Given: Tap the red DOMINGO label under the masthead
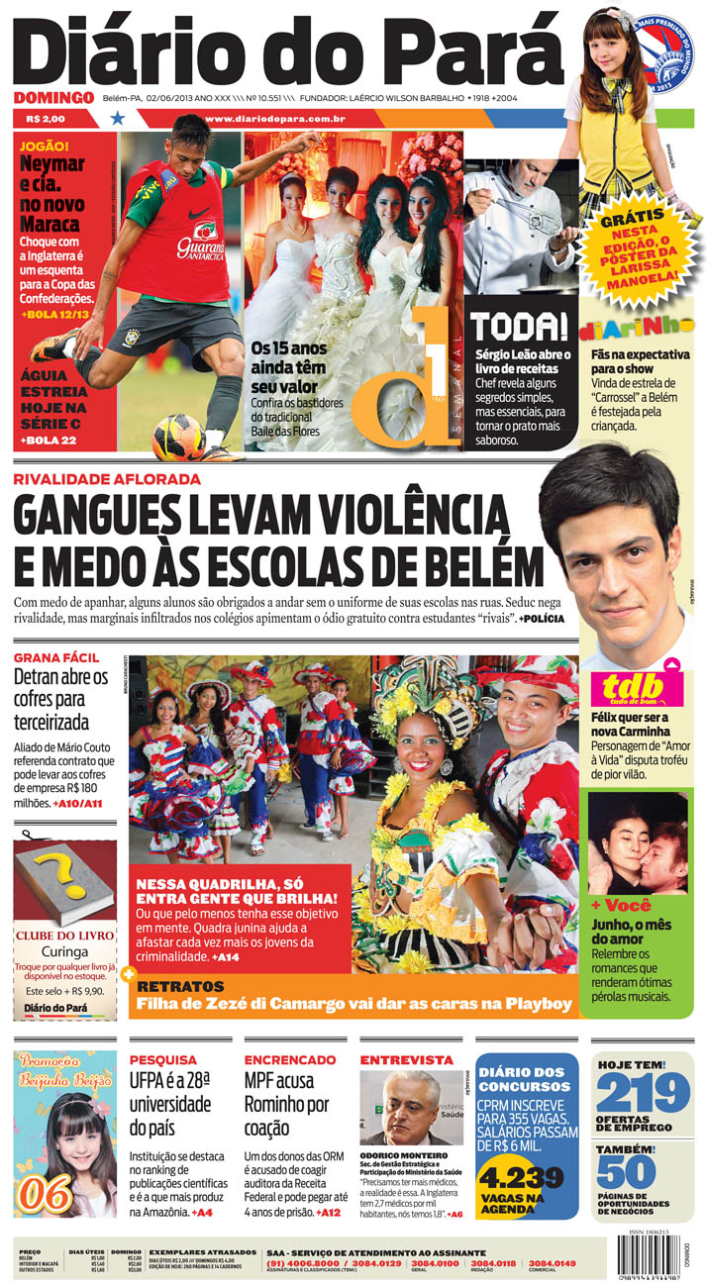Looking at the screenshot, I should tap(53, 97).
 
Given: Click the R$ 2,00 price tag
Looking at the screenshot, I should tap(48, 119).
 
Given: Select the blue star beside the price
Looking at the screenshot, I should tap(118, 119).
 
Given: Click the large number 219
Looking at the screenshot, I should tap(644, 1094).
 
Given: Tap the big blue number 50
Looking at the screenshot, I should tap(627, 1172).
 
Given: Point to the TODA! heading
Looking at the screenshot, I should tap(518, 328).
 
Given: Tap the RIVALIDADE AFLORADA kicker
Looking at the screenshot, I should tap(107, 479).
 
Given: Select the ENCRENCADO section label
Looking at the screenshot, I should tap(290, 1059).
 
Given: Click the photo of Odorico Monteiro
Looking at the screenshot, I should tap(411, 1107).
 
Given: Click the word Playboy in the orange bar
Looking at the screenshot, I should tap(539, 1004).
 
